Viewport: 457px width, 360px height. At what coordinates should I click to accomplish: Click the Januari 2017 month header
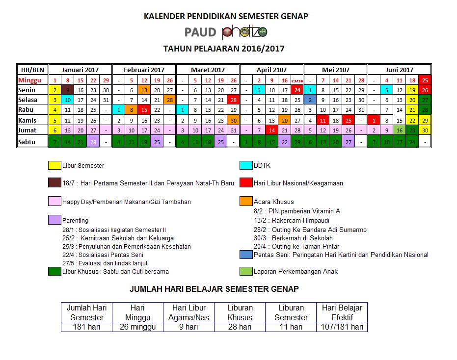[80, 70]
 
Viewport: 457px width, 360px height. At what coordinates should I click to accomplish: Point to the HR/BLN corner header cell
[32, 70]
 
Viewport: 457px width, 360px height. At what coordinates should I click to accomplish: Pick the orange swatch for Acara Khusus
[246, 201]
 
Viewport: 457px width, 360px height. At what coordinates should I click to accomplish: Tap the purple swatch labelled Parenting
[54, 220]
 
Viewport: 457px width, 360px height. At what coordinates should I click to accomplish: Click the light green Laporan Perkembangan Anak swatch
[246, 271]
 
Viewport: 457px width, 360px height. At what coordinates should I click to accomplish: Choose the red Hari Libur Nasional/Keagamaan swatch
[246, 183]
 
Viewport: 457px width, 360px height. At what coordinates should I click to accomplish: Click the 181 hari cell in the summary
[86, 327]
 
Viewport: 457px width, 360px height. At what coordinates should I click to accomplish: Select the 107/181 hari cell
[342, 327]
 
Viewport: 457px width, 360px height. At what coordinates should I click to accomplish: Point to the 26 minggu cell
[138, 327]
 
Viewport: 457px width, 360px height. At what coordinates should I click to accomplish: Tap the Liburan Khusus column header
[240, 312]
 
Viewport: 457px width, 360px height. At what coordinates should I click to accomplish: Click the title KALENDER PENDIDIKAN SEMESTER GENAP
[226, 16]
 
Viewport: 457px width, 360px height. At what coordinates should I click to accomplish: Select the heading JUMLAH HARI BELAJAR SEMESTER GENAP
[214, 289]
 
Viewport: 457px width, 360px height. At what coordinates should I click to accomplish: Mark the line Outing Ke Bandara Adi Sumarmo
[310, 230]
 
